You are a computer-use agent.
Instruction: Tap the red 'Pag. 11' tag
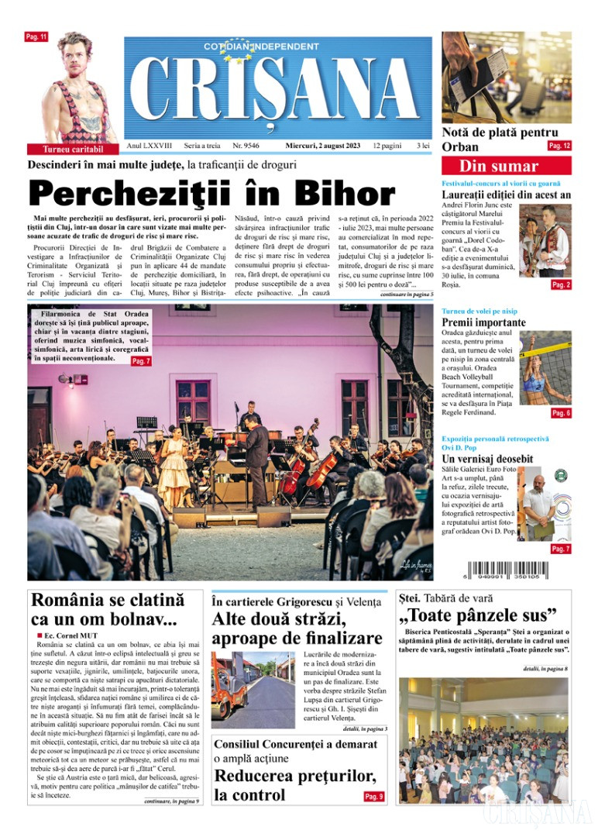37,36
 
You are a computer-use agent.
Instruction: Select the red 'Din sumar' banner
505,166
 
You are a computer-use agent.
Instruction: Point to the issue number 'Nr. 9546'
246,145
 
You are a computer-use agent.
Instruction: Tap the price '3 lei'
423,145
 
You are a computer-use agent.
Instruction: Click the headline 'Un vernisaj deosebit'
487,459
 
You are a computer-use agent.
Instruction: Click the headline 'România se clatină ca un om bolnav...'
108,609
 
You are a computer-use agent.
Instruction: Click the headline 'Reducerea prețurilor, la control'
284,786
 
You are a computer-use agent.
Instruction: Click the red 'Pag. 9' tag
373,797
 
